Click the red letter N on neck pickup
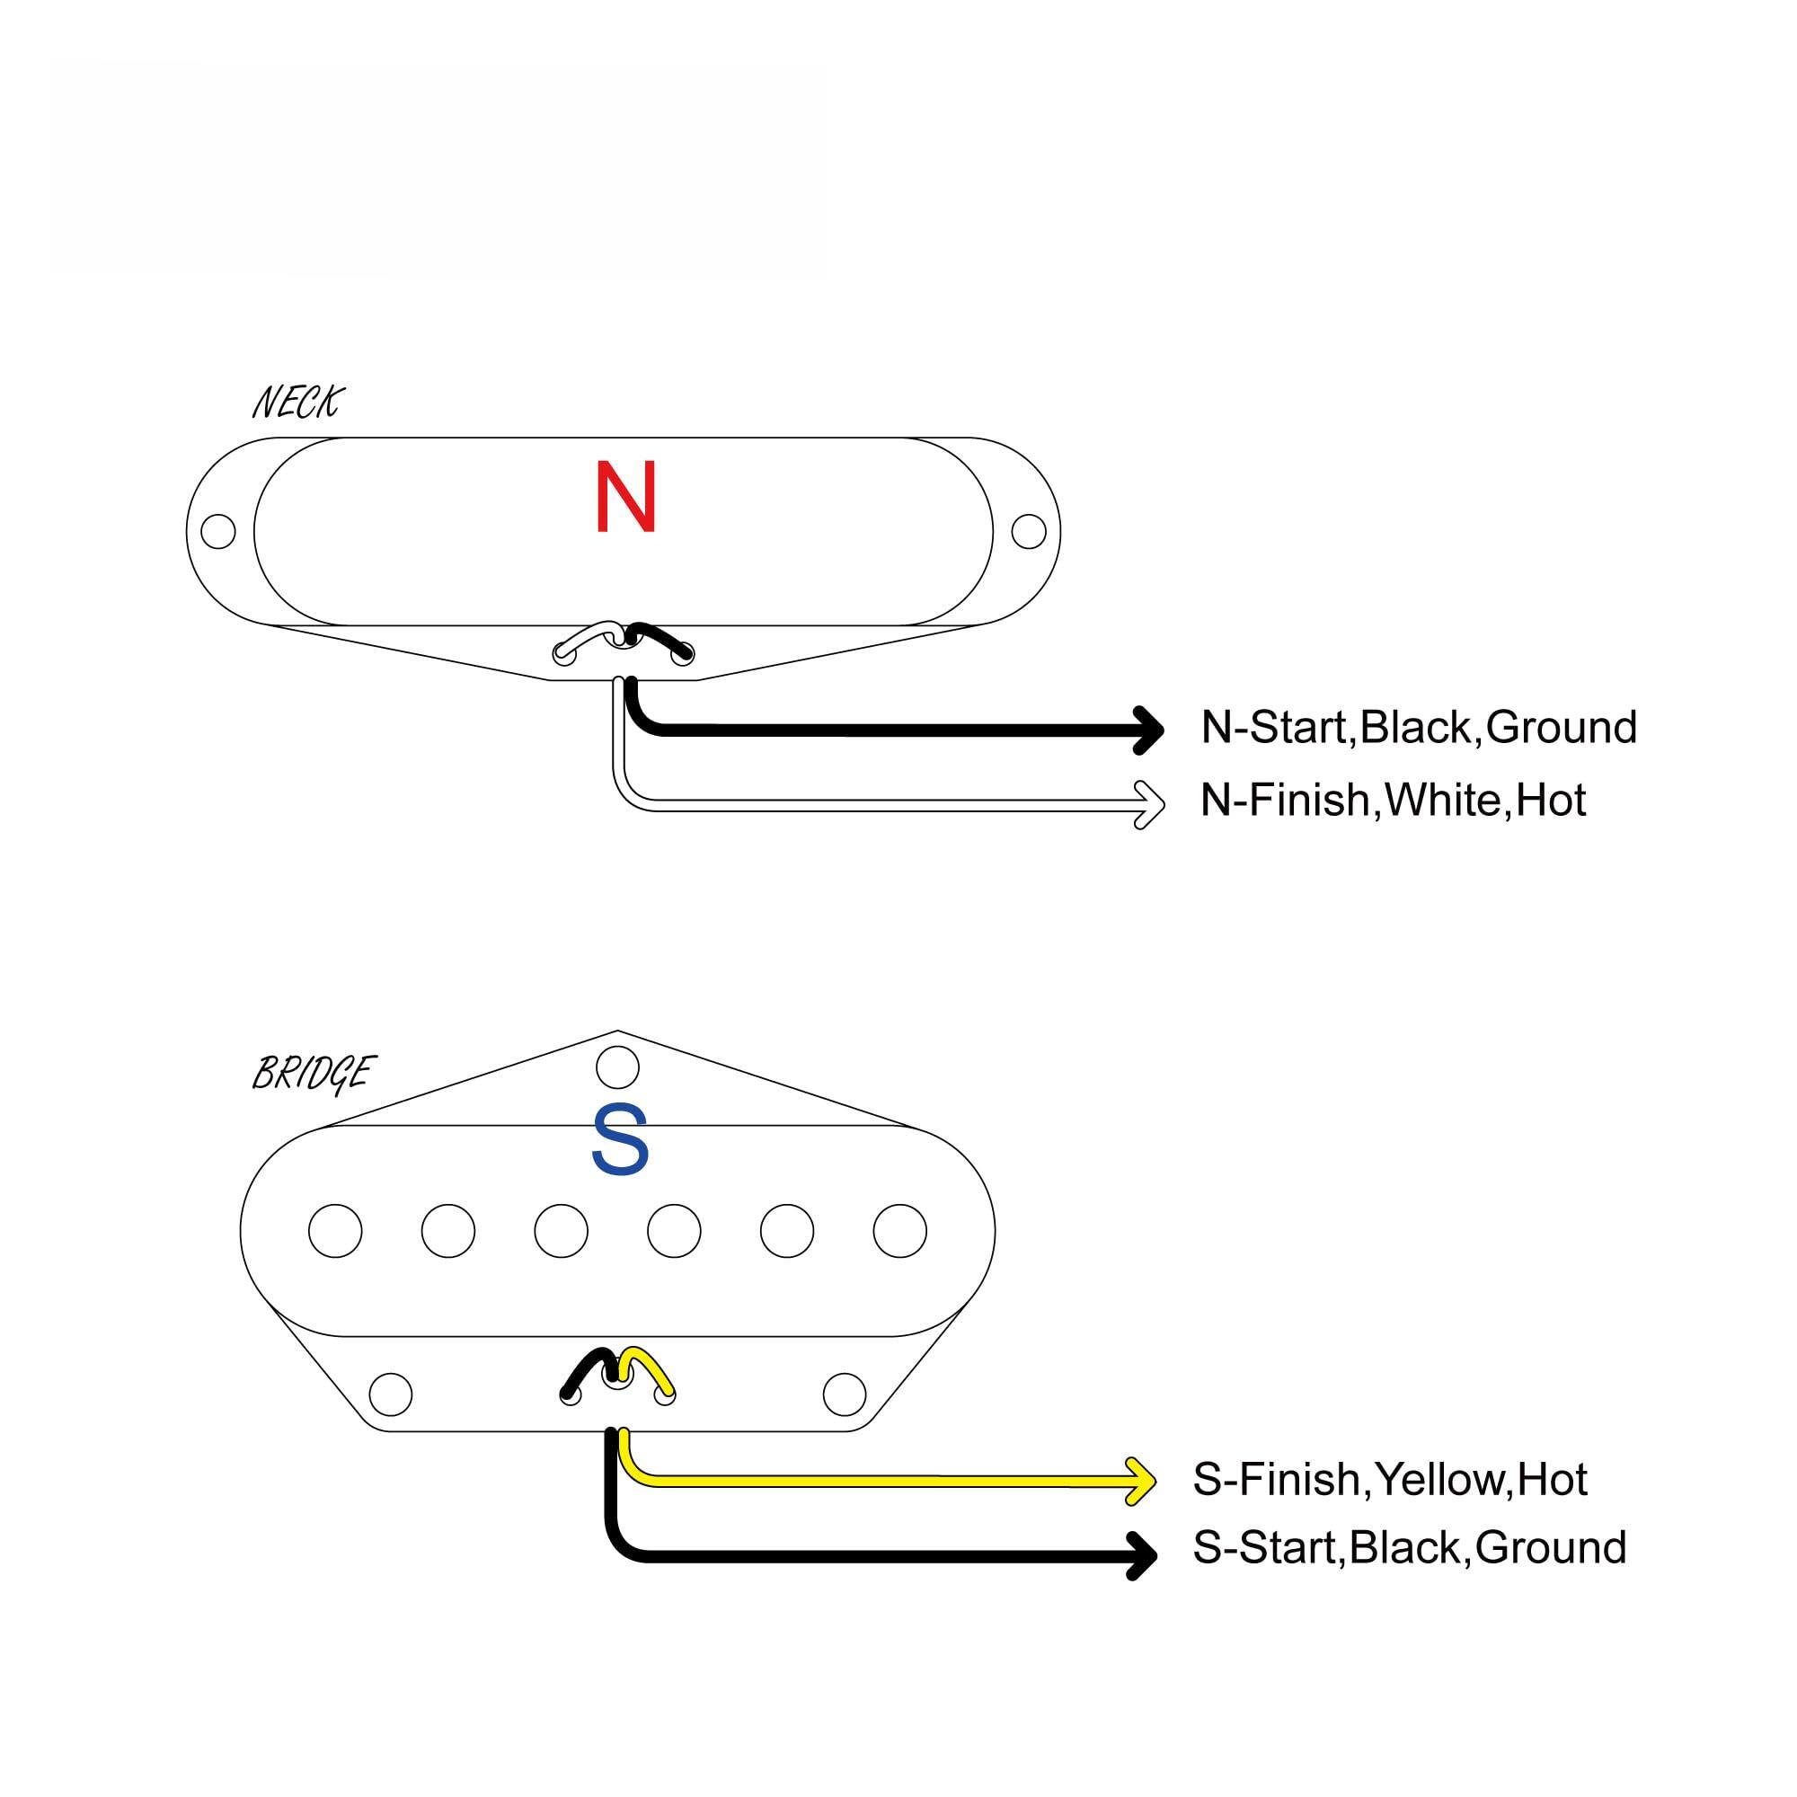click(625, 497)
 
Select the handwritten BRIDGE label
click(313, 1073)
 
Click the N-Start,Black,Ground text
click(1418, 728)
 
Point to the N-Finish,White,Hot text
click(1392, 800)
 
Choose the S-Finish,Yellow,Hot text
click(1390, 1479)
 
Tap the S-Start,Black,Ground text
click(1408, 1547)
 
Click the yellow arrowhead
click(1142, 1480)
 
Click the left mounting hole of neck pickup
click(217, 531)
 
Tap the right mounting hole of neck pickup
click(1028, 531)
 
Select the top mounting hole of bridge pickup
click(617, 1067)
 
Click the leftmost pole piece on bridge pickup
click(335, 1231)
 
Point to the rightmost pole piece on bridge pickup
click(899, 1231)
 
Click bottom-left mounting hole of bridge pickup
click(391, 1394)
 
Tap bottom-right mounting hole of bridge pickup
click(845, 1394)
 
